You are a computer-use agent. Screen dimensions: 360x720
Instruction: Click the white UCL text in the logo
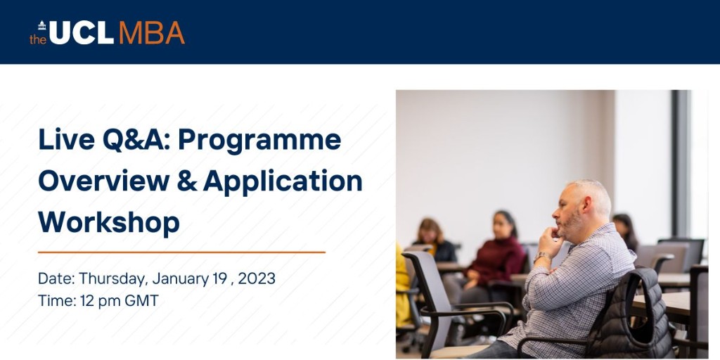(x=81, y=32)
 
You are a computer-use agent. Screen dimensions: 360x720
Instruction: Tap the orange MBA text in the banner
(x=151, y=32)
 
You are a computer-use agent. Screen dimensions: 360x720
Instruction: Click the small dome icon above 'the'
(x=41, y=25)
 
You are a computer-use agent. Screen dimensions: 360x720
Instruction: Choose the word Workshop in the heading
(x=109, y=223)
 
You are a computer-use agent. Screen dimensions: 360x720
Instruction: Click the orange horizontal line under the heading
(x=181, y=251)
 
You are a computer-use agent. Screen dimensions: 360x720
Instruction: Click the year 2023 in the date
(x=257, y=278)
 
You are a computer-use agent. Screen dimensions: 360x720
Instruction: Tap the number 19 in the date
(x=219, y=278)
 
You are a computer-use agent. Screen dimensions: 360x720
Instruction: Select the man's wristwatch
(x=542, y=257)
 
